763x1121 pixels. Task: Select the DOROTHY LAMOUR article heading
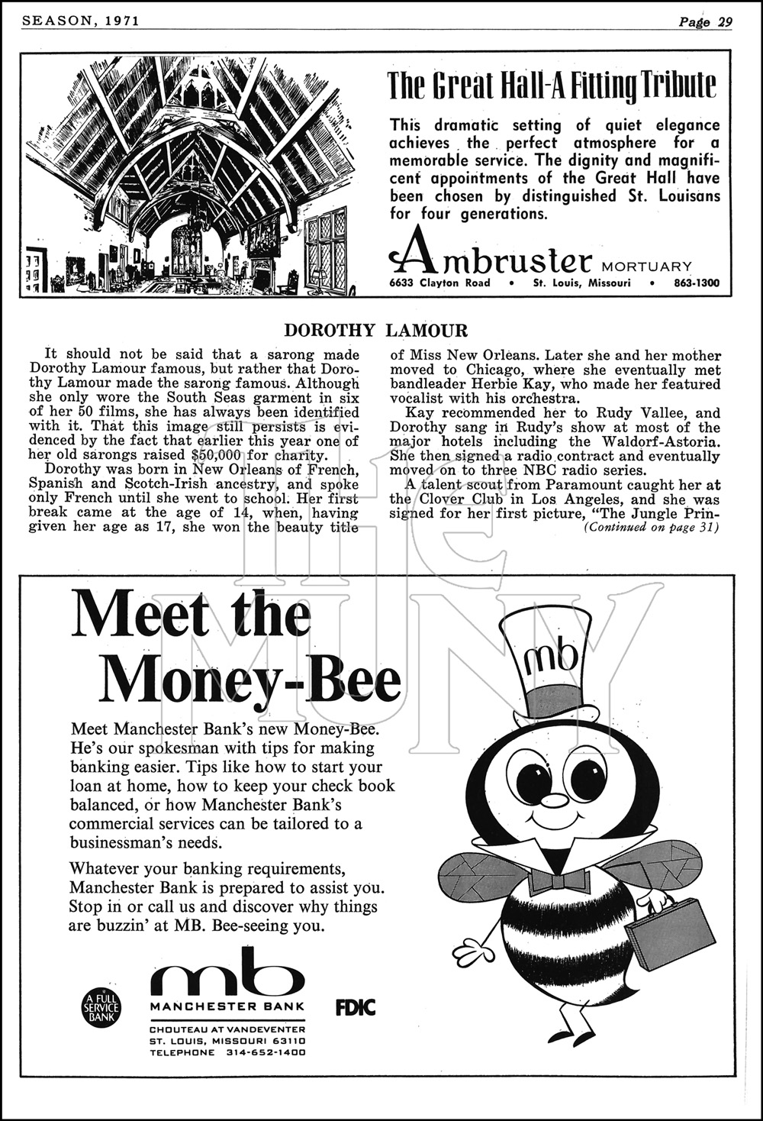pos(375,331)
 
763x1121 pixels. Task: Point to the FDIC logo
pos(356,1007)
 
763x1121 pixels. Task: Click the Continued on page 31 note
pos(652,527)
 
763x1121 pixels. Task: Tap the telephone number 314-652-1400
pos(266,1052)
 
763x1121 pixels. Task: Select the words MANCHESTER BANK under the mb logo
pos(227,1006)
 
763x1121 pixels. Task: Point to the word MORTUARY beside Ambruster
pos(647,267)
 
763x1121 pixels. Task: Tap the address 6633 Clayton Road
pos(439,283)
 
